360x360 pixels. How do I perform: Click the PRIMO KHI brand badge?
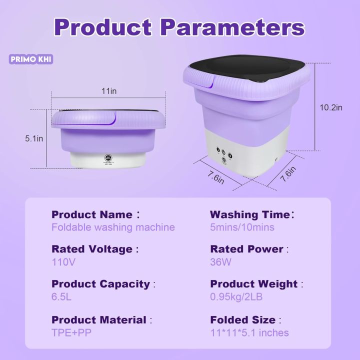click(31, 59)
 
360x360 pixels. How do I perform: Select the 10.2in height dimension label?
click(331, 107)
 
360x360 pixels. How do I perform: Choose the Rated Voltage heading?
click(92, 249)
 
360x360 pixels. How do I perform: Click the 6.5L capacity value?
click(62, 296)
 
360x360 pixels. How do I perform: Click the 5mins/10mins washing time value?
click(242, 227)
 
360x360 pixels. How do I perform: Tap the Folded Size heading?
click(242, 320)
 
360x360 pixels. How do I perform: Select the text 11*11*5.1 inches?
click(249, 332)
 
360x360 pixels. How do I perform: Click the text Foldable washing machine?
click(113, 227)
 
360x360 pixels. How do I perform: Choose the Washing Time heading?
click(250, 214)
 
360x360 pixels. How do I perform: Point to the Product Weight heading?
click(254, 284)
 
